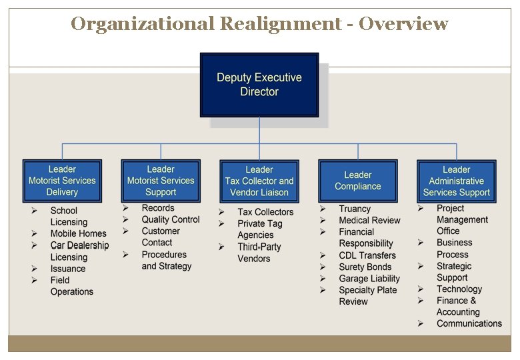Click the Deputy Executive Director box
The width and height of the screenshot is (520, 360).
[259, 85]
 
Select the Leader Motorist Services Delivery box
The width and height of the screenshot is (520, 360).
[62, 181]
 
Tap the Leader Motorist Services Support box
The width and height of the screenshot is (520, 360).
[161, 181]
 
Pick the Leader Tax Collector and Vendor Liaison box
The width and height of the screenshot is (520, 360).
[259, 181]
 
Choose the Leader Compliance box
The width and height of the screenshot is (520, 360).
[358, 181]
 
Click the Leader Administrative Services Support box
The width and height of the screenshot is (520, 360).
[457, 181]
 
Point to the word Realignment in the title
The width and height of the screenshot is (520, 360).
[280, 24]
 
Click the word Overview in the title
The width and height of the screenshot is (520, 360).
[403, 24]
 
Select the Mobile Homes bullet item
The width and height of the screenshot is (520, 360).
[78, 234]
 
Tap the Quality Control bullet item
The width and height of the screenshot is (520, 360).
[171, 219]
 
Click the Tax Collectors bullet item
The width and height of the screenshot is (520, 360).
[265, 212]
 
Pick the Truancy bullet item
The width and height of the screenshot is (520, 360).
[355, 209]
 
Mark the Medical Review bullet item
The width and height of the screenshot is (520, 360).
[369, 220]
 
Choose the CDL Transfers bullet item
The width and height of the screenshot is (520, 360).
[367, 255]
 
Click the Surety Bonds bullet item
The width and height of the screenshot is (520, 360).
[365, 267]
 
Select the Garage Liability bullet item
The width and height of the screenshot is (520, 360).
[369, 279]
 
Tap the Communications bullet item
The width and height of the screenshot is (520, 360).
[469, 323]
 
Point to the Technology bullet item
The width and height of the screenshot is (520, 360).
[459, 289]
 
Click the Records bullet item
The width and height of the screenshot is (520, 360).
[158, 208]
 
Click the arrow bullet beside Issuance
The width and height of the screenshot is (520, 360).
[34, 269]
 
